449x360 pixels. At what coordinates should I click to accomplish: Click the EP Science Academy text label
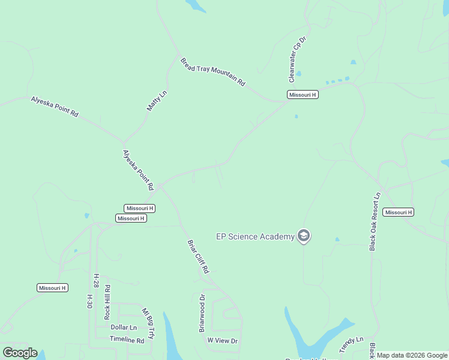pyautogui.click(x=255, y=236)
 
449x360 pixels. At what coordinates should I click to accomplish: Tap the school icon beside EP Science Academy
pyautogui.click(x=304, y=236)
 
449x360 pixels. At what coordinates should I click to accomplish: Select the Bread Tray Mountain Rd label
pyautogui.click(x=213, y=72)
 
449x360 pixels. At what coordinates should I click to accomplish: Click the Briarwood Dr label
pyautogui.click(x=202, y=313)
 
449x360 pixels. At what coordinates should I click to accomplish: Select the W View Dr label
pyautogui.click(x=223, y=341)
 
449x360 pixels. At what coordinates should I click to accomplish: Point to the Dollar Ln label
pyautogui.click(x=124, y=327)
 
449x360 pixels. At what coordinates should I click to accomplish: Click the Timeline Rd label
pyautogui.click(x=127, y=340)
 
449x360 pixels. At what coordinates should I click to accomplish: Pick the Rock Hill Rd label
pyautogui.click(x=107, y=302)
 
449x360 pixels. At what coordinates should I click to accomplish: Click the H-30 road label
pyautogui.click(x=89, y=301)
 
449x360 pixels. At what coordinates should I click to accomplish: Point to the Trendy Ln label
pyautogui.click(x=351, y=345)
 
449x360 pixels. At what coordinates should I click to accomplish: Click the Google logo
pyautogui.click(x=20, y=353)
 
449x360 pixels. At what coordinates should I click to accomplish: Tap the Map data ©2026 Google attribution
pyautogui.click(x=412, y=356)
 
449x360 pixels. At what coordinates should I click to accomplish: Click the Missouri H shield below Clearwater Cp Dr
pyautogui.click(x=303, y=95)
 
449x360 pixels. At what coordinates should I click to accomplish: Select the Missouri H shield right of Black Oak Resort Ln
pyautogui.click(x=399, y=212)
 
